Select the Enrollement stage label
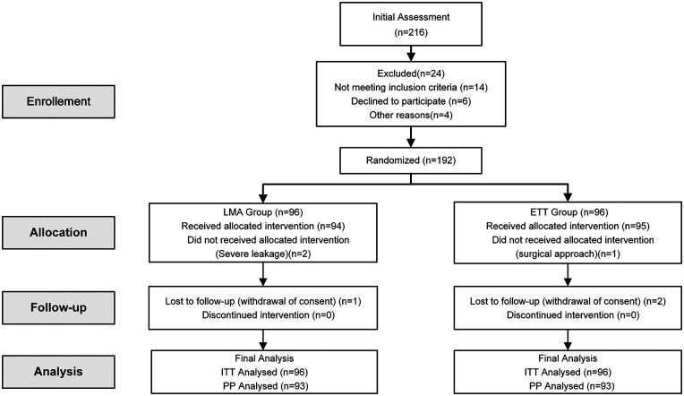click(x=58, y=102)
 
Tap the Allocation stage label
click(x=58, y=233)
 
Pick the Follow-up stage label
click(x=58, y=308)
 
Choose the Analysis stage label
click(x=58, y=372)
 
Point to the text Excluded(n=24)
click(x=411, y=73)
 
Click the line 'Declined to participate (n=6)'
click(x=411, y=101)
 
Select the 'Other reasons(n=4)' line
click(x=411, y=116)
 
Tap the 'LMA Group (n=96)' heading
click(x=263, y=212)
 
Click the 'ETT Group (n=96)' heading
click(x=568, y=212)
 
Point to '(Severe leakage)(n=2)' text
click(x=263, y=254)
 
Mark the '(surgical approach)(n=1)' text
click(x=568, y=254)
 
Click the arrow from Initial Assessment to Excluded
click(x=411, y=53)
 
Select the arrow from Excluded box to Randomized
click(x=411, y=137)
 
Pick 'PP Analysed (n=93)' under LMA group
click(x=266, y=386)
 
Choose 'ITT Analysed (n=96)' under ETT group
click(x=568, y=372)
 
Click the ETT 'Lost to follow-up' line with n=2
click(x=568, y=301)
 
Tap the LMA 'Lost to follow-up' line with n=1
click(x=263, y=301)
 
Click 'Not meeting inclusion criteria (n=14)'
click(x=411, y=87)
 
